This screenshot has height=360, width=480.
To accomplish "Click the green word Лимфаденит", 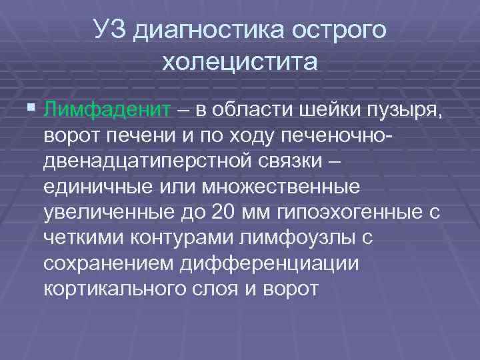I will [107, 109].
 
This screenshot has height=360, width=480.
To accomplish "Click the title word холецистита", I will [239, 63].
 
